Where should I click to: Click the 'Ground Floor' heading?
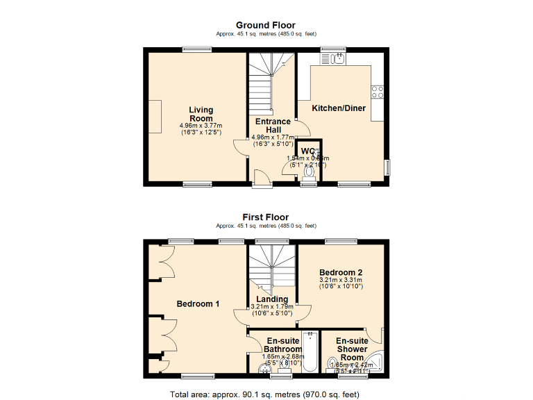[266, 25]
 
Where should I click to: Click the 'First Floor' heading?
[266, 217]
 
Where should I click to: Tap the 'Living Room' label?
[201, 114]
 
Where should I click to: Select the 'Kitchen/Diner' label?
[339, 108]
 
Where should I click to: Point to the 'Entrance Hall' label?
[273, 126]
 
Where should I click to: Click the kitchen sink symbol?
[338, 60]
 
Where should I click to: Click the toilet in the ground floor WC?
[310, 171]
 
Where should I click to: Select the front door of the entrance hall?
[262, 181]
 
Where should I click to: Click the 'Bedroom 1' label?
[198, 304]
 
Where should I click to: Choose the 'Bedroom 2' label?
[341, 272]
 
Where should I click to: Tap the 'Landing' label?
[272, 299]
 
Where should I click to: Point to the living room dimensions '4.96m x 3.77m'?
[201, 126]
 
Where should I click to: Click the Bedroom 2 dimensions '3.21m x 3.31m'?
[341, 280]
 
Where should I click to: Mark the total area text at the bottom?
[265, 394]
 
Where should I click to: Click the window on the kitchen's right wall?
[387, 167]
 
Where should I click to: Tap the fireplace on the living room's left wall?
[156, 113]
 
